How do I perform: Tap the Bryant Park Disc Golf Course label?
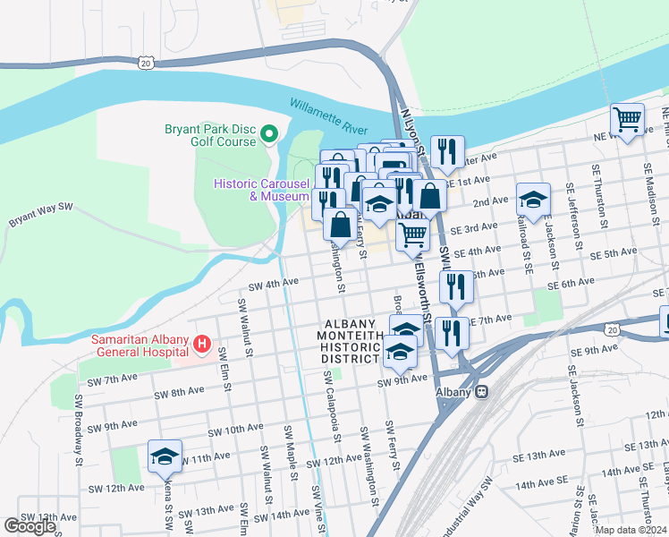click(210, 134)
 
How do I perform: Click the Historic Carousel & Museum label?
click(261, 190)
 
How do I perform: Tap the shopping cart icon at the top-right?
click(628, 120)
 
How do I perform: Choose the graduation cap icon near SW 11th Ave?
click(165, 456)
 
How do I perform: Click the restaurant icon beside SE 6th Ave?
click(457, 286)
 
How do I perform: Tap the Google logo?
click(30, 526)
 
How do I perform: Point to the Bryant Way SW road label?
click(40, 213)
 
